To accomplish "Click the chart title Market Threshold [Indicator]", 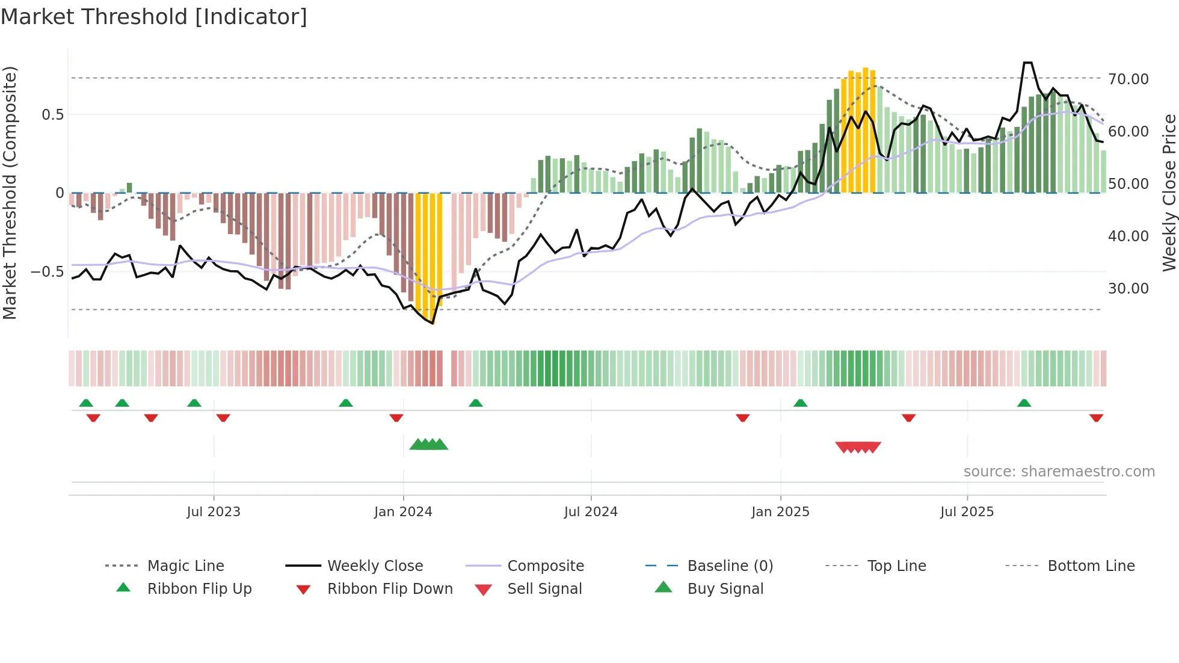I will (154, 17).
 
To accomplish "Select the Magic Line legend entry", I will (185, 566).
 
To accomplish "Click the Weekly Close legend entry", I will (375, 566).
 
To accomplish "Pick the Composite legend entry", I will (545, 566).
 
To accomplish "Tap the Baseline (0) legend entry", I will (730, 566).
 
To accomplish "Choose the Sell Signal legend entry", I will (544, 589).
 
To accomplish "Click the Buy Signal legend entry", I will (725, 589).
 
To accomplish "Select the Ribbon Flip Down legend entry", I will (389, 589).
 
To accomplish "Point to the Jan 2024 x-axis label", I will (403, 512).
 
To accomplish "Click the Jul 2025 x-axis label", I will (967, 512).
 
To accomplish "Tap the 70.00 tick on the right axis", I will (1128, 79).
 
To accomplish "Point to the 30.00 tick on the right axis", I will (1128, 289).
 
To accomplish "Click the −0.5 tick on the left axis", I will (47, 272).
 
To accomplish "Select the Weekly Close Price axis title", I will (1169, 193).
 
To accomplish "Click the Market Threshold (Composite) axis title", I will (10, 193).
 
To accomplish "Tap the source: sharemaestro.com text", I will (1059, 472).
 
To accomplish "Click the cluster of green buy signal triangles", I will (429, 445).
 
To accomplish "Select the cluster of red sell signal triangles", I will (858, 447).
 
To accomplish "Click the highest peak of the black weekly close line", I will (1027, 63).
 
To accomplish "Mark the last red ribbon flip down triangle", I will (1096, 418).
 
